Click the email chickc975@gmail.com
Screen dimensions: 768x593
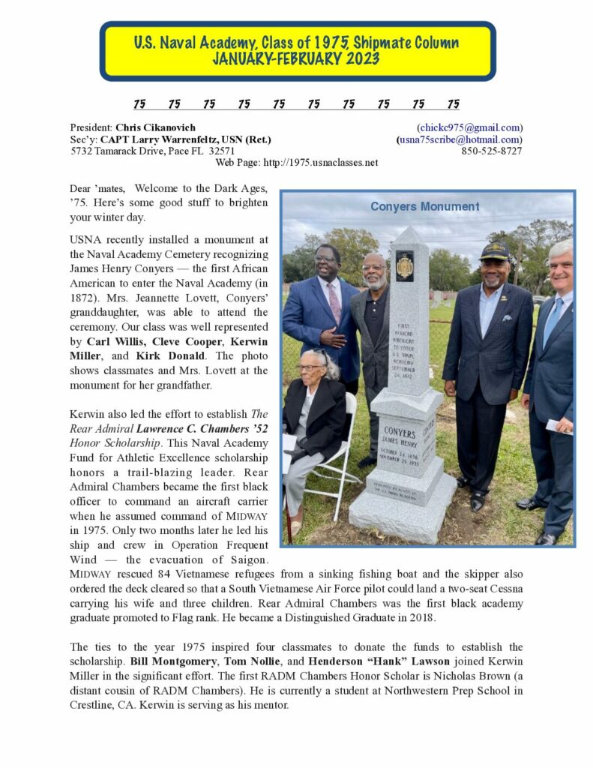click(x=471, y=127)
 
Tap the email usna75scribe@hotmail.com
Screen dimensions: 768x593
click(x=460, y=139)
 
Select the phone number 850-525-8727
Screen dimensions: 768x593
click(x=492, y=151)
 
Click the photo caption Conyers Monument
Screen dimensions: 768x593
click(x=424, y=206)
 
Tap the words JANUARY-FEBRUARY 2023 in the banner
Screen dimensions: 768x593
click(x=296, y=59)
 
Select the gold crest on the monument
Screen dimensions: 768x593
click(x=405, y=265)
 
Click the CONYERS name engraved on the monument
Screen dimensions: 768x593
click(x=400, y=432)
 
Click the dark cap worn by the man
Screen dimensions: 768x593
click(x=495, y=252)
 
